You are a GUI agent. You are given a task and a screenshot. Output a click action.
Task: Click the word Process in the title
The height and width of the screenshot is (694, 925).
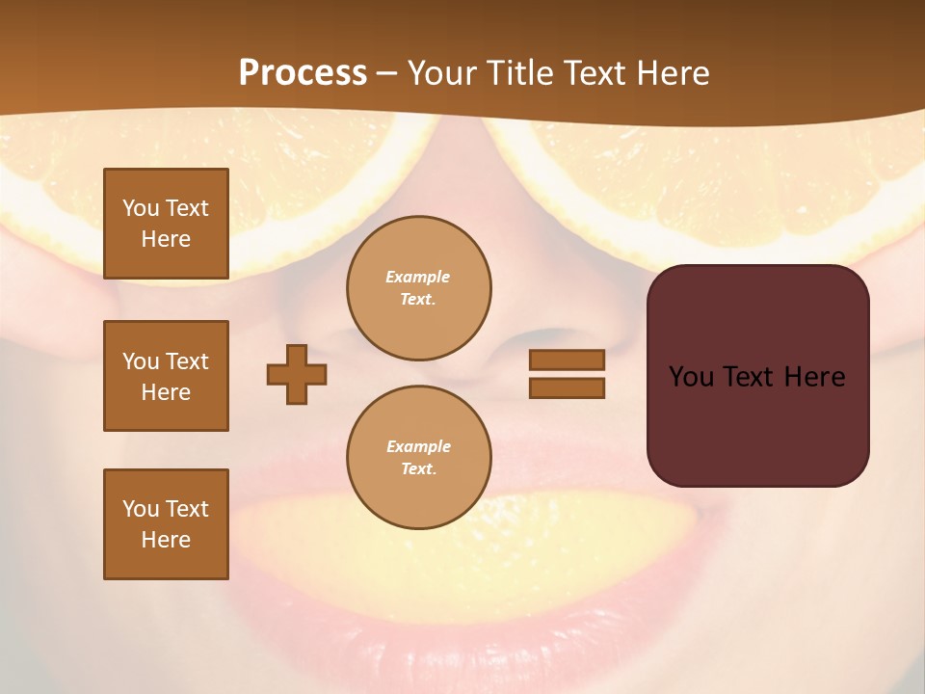pos(303,73)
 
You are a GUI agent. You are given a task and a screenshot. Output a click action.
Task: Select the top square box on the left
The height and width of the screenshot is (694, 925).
pos(166,224)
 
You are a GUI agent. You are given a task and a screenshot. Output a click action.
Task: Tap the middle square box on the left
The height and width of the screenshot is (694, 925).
pos(166,376)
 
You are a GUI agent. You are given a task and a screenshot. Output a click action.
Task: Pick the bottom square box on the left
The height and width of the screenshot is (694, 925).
pos(166,524)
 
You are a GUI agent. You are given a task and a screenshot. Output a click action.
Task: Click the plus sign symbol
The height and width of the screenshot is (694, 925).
pos(297,374)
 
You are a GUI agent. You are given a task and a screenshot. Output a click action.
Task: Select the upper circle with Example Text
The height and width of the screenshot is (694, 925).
pos(418,288)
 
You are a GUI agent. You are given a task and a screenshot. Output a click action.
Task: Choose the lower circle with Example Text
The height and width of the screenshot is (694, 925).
pos(418,458)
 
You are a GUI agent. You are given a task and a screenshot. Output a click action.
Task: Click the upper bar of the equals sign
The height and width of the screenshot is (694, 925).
pos(567,360)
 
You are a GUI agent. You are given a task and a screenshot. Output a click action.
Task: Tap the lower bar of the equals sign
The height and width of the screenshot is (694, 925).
pos(567,387)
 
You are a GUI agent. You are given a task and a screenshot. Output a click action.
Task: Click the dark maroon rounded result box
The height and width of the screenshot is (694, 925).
pos(757,376)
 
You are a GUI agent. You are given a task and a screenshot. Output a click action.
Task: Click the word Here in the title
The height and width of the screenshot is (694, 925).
pos(673,73)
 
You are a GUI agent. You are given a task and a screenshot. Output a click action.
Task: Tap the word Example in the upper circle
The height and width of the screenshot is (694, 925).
pos(418,277)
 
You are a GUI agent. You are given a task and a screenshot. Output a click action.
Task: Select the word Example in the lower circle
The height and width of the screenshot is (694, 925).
pos(418,446)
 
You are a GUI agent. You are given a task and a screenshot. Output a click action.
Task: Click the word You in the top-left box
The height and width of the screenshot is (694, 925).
pos(141,208)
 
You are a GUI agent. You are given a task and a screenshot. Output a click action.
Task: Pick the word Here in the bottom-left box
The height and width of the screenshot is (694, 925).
pos(166,540)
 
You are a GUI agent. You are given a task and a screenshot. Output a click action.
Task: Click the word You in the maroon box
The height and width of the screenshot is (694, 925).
pos(691,377)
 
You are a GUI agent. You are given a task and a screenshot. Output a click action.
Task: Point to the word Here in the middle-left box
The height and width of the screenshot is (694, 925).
pos(166,392)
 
